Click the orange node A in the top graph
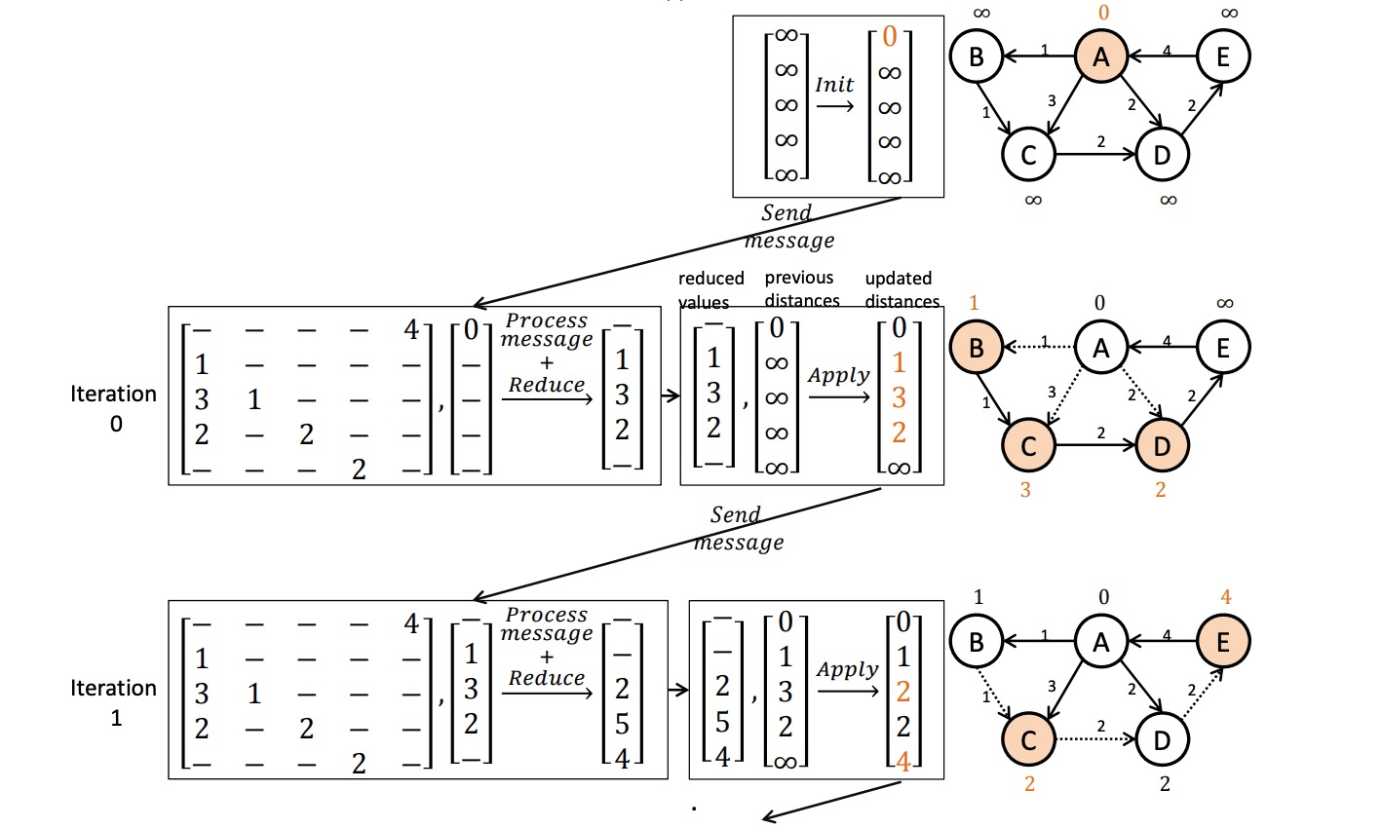[1100, 56]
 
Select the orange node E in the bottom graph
[1223, 641]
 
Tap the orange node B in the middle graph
[976, 348]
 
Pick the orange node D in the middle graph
[1161, 445]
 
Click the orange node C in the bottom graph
[1028, 739]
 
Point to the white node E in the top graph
[1223, 56]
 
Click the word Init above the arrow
[834, 85]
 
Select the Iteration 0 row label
[113, 407]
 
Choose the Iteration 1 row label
[113, 702]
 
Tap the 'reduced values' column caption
[710, 289]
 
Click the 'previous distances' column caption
[801, 289]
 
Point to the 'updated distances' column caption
[901, 289]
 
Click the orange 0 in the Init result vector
[889, 38]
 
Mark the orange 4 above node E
[1225, 596]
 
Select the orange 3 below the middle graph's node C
[1024, 490]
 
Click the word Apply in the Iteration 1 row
[847, 669]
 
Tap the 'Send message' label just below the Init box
[789, 226]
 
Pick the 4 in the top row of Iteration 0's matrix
[411, 330]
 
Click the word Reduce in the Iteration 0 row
[547, 385]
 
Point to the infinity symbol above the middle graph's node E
[1225, 303]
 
